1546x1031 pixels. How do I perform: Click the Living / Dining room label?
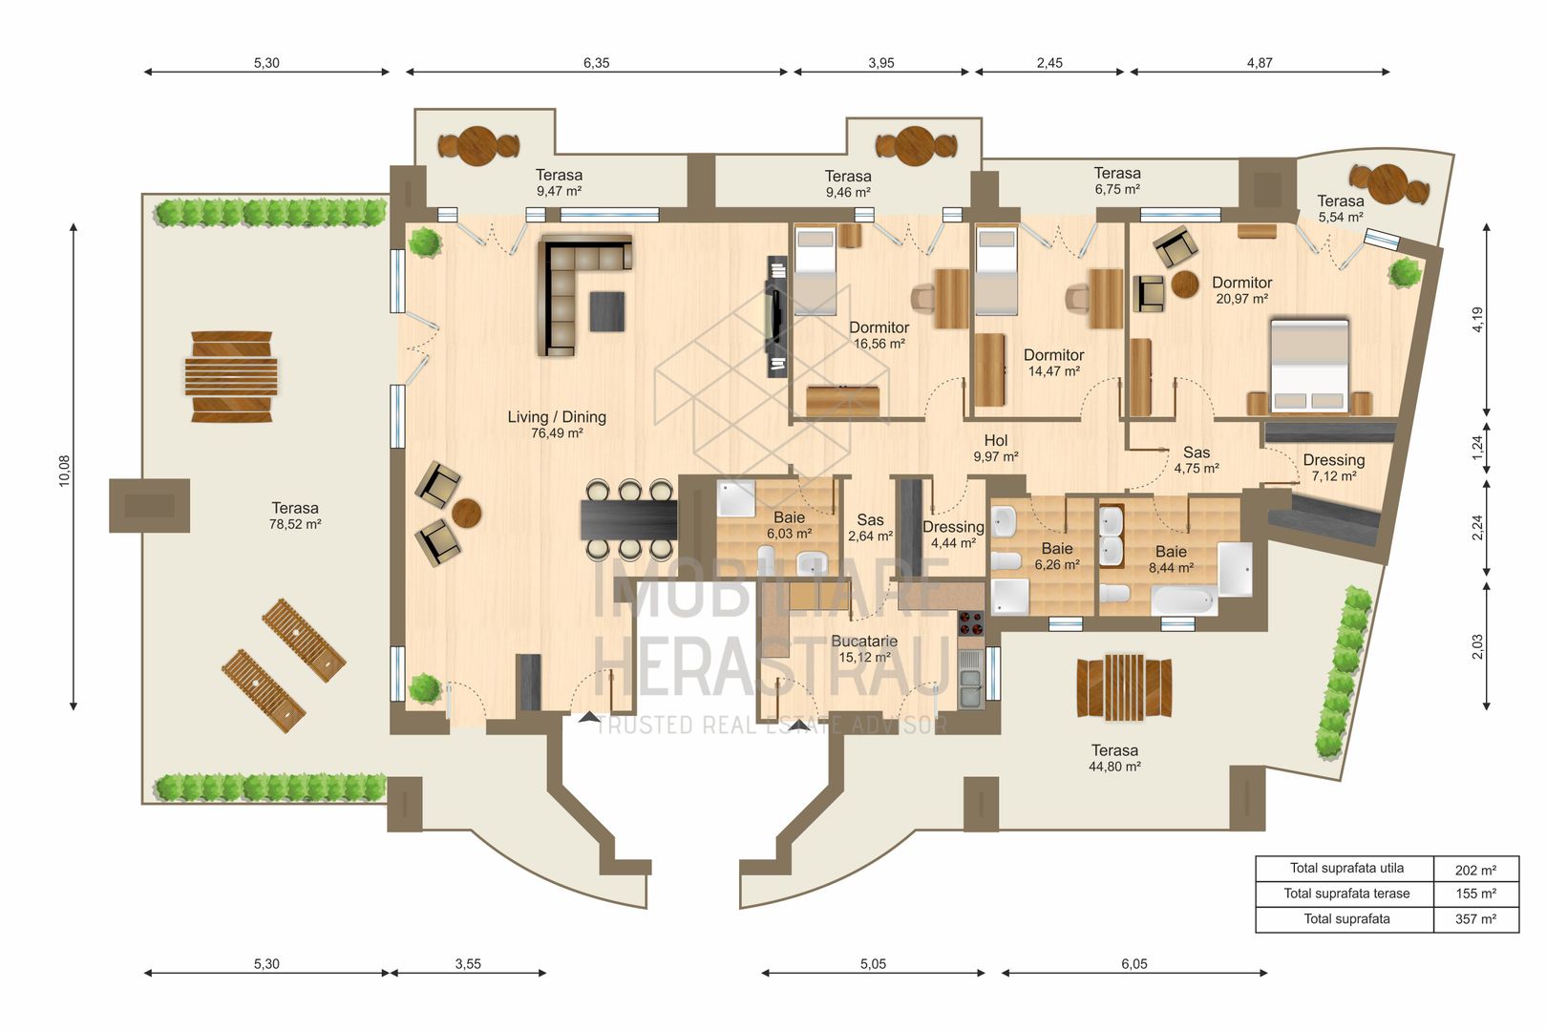[557, 417]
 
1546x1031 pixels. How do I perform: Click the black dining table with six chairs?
[628, 520]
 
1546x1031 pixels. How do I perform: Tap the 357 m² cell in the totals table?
[1475, 919]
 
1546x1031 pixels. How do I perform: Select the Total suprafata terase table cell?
[1345, 894]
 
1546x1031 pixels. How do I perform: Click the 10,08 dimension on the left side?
[65, 471]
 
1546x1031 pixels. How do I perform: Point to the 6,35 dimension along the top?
[596, 63]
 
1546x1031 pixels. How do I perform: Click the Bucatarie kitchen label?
[864, 642]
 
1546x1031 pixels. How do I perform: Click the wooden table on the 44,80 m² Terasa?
[1124, 687]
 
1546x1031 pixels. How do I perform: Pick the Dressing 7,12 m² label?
[1333, 467]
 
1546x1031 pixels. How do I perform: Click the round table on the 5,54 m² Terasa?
[1389, 181]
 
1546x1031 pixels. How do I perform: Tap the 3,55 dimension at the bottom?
[468, 964]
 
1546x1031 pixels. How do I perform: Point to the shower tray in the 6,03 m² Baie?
[735, 498]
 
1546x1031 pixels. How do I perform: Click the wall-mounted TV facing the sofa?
[776, 315]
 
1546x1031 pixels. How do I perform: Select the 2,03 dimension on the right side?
[1477, 646]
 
